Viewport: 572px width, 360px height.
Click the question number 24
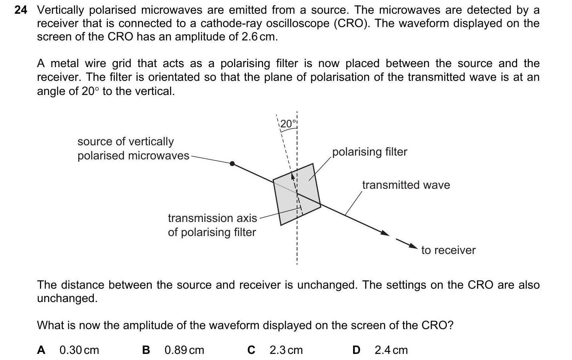pos(21,10)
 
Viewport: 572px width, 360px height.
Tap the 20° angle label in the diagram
pos(288,124)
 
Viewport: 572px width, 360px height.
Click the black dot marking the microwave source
pos(232,164)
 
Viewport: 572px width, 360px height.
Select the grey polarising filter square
pos(297,194)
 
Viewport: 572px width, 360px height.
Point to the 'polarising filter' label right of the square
pos(370,152)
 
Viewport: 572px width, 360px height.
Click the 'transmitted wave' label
pos(406,185)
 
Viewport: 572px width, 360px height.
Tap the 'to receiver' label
pos(448,250)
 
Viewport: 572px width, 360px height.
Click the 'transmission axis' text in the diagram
pos(212,218)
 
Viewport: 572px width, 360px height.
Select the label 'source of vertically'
pos(125,141)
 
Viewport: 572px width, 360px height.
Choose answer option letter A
pos(41,350)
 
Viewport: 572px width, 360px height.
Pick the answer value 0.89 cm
pos(184,350)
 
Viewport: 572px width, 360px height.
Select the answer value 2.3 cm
pos(286,350)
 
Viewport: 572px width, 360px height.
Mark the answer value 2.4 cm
pos(391,350)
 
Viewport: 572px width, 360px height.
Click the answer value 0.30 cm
pos(79,350)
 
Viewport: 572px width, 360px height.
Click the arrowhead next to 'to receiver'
pos(413,246)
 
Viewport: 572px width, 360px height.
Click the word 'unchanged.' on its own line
pos(67,298)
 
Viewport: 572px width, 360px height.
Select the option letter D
pos(356,350)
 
